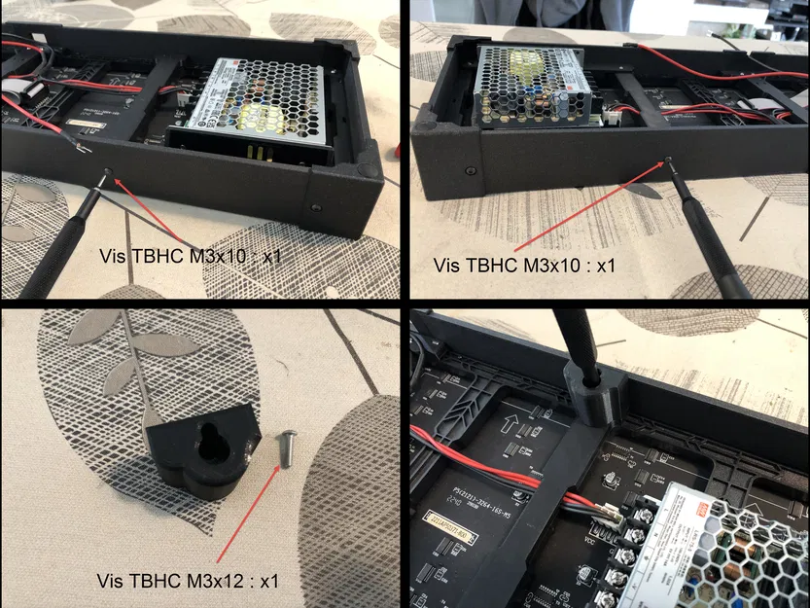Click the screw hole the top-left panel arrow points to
(x=108, y=176)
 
